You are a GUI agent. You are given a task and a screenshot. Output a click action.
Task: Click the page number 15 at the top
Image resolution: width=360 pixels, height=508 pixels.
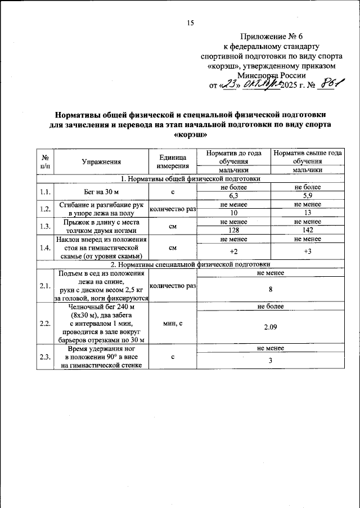pyautogui.click(x=190, y=23)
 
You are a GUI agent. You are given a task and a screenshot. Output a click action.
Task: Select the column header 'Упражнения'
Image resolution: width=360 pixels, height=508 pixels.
pyautogui.click(x=101, y=161)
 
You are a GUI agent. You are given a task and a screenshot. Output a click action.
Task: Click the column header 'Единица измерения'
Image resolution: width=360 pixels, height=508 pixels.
pyautogui.click(x=172, y=161)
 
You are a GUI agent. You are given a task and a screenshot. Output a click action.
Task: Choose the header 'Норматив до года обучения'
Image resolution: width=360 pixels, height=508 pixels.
pyautogui.click(x=233, y=157)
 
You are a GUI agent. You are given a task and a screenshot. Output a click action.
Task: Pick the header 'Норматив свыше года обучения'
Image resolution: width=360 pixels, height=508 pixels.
pyautogui.click(x=307, y=157)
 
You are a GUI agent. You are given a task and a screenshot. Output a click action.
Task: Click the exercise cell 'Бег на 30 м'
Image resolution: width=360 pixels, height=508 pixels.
pyautogui.click(x=101, y=191)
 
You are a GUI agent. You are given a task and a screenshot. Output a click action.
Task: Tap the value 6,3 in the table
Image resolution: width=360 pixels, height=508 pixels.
pyautogui.click(x=233, y=195)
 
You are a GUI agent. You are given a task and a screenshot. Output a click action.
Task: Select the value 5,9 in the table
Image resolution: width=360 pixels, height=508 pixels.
pyautogui.click(x=307, y=195)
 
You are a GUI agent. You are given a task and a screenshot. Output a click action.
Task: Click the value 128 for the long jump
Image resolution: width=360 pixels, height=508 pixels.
pyautogui.click(x=233, y=230)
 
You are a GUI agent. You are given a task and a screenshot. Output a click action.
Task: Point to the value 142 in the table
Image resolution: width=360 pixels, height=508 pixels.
pyautogui.click(x=307, y=230)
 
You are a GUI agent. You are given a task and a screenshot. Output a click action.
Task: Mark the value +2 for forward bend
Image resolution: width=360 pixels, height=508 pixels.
pyautogui.click(x=233, y=251)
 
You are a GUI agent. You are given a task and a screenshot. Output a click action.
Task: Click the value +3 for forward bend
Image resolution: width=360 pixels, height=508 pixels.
pyautogui.click(x=307, y=251)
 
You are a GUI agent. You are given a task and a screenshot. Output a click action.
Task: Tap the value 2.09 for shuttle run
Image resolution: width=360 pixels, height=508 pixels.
pyautogui.click(x=270, y=326)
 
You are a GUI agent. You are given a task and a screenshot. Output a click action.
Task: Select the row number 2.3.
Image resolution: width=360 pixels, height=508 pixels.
pyautogui.click(x=44, y=357)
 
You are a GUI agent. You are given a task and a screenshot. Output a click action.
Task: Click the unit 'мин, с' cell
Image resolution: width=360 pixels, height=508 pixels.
pyautogui.click(x=172, y=323)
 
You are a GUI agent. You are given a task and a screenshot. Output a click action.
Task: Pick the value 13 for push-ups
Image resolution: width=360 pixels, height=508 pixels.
pyautogui.click(x=307, y=213)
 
